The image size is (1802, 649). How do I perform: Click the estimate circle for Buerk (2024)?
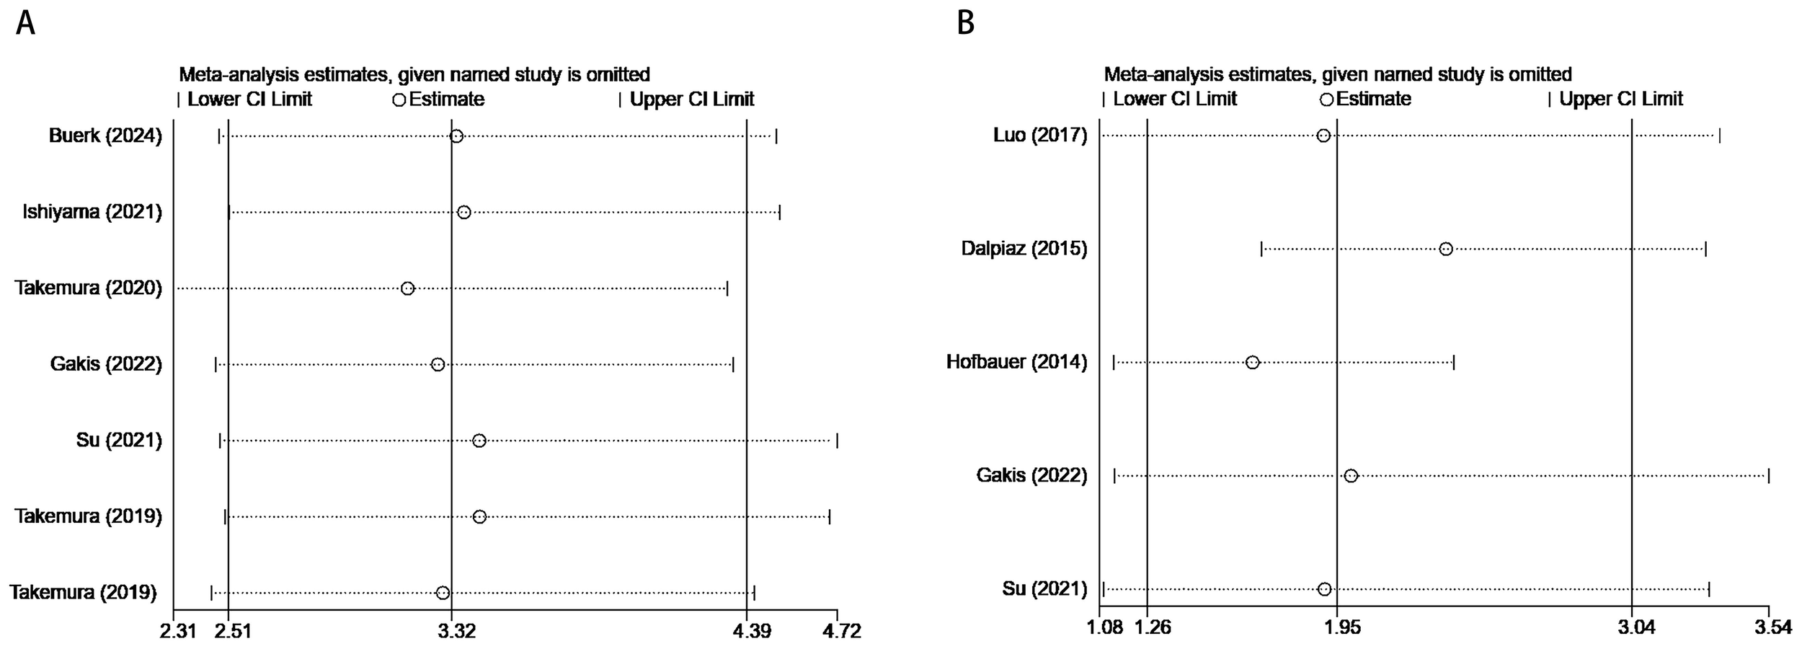coord(456,136)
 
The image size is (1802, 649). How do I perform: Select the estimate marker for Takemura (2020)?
coord(407,288)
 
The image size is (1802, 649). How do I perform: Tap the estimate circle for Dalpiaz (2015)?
coord(1445,249)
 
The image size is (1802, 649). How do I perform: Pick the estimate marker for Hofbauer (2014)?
coord(1252,362)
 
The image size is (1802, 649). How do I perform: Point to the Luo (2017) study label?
coord(1039,136)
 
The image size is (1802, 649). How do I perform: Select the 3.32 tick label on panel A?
coord(456,631)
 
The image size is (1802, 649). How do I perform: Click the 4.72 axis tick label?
coord(841,631)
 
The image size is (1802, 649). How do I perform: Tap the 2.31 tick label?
coord(177,631)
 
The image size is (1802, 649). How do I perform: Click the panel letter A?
coord(25,24)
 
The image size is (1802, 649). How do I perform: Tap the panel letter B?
coord(966,24)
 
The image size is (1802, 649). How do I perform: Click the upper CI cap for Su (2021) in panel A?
coord(837,441)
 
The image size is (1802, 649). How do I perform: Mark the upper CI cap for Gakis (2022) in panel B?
coord(1768,475)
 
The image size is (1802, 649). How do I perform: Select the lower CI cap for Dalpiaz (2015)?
coord(1261,249)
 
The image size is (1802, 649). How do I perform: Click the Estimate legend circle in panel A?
coord(399,100)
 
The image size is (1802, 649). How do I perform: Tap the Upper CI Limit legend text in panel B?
coord(1620,99)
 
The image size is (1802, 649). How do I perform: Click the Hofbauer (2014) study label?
coord(1016,362)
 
